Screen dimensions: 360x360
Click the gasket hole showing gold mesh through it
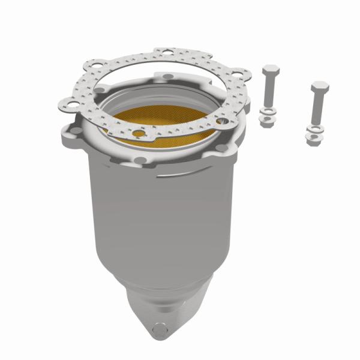tap(139, 133)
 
